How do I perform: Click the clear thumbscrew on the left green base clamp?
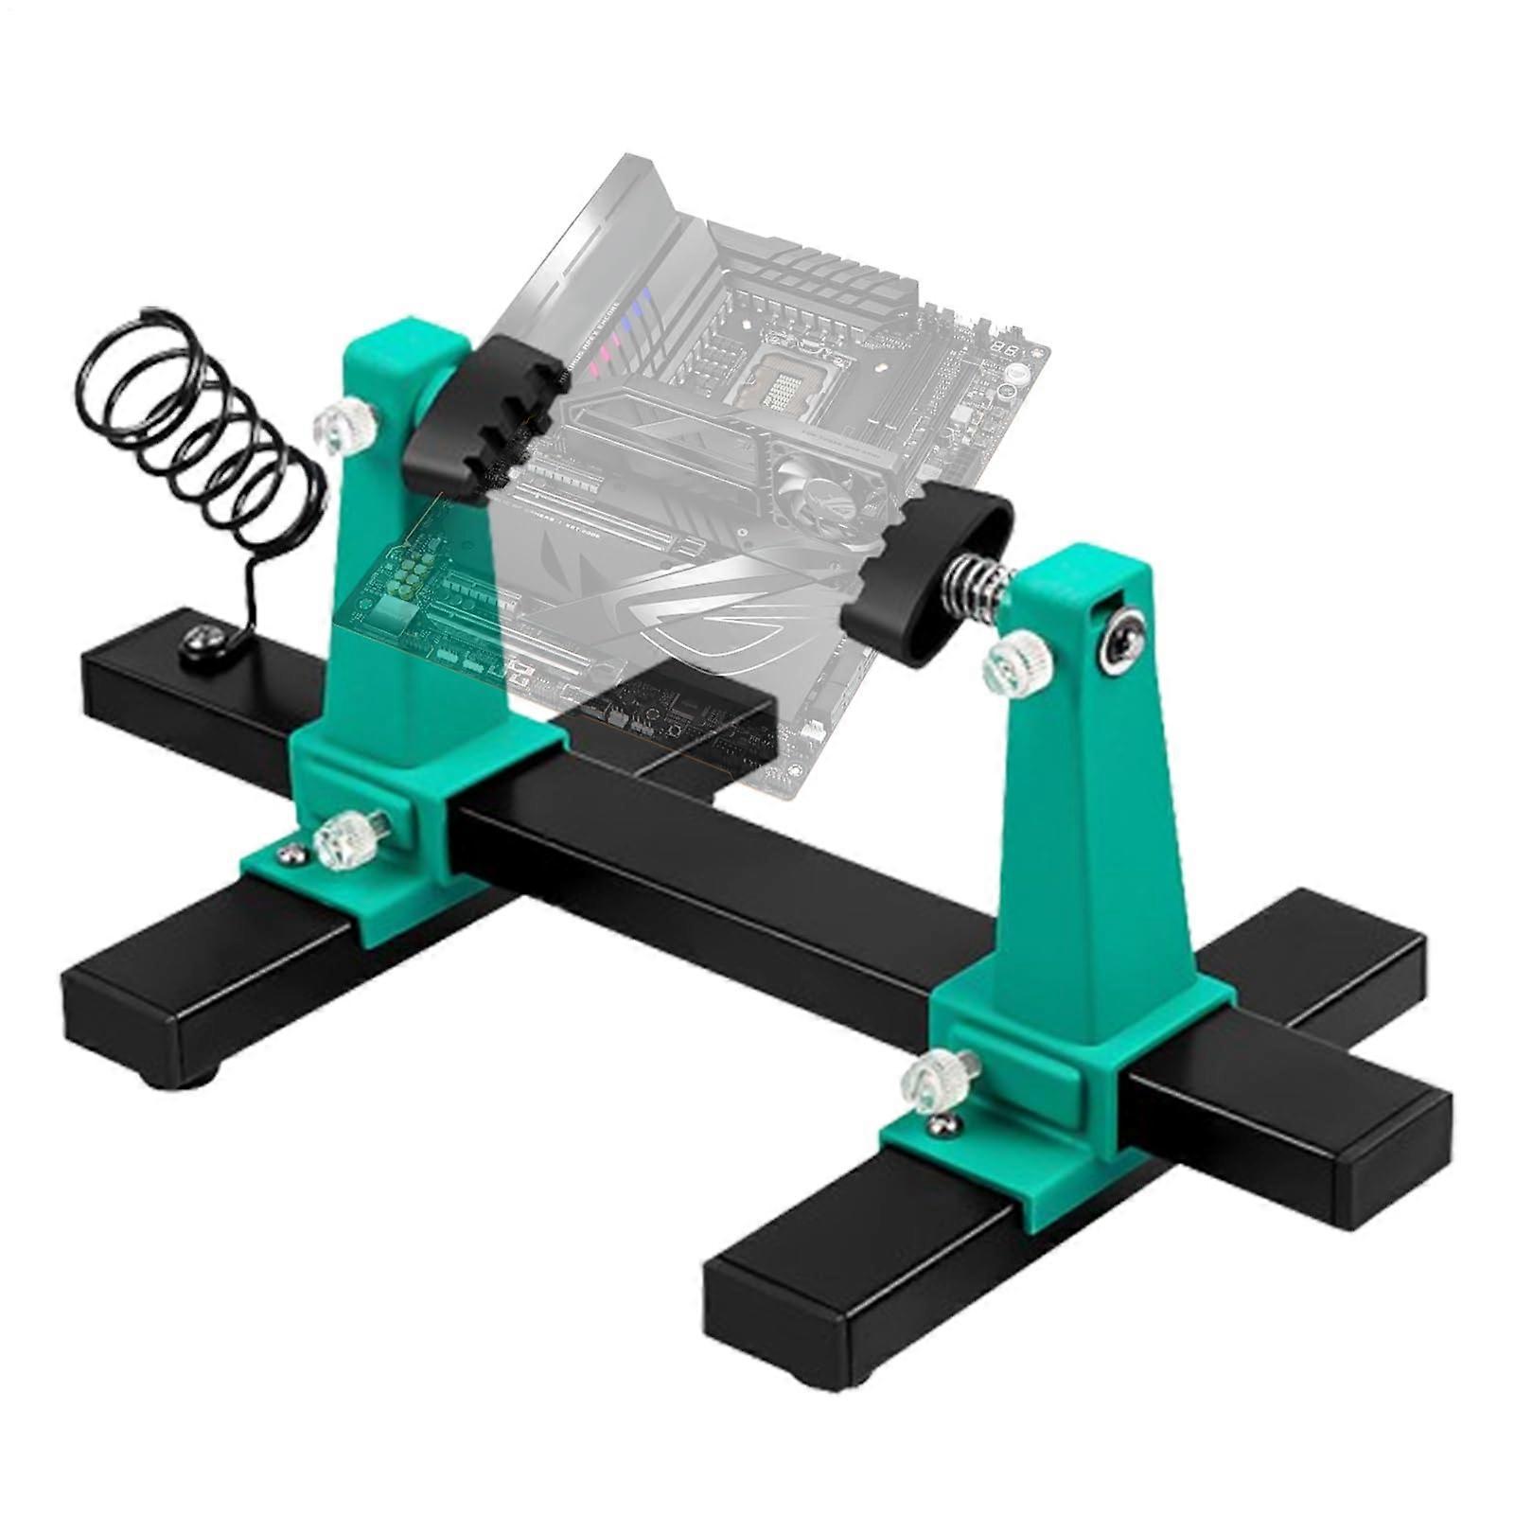pos(346,837)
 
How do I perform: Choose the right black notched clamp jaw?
pos(922,573)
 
